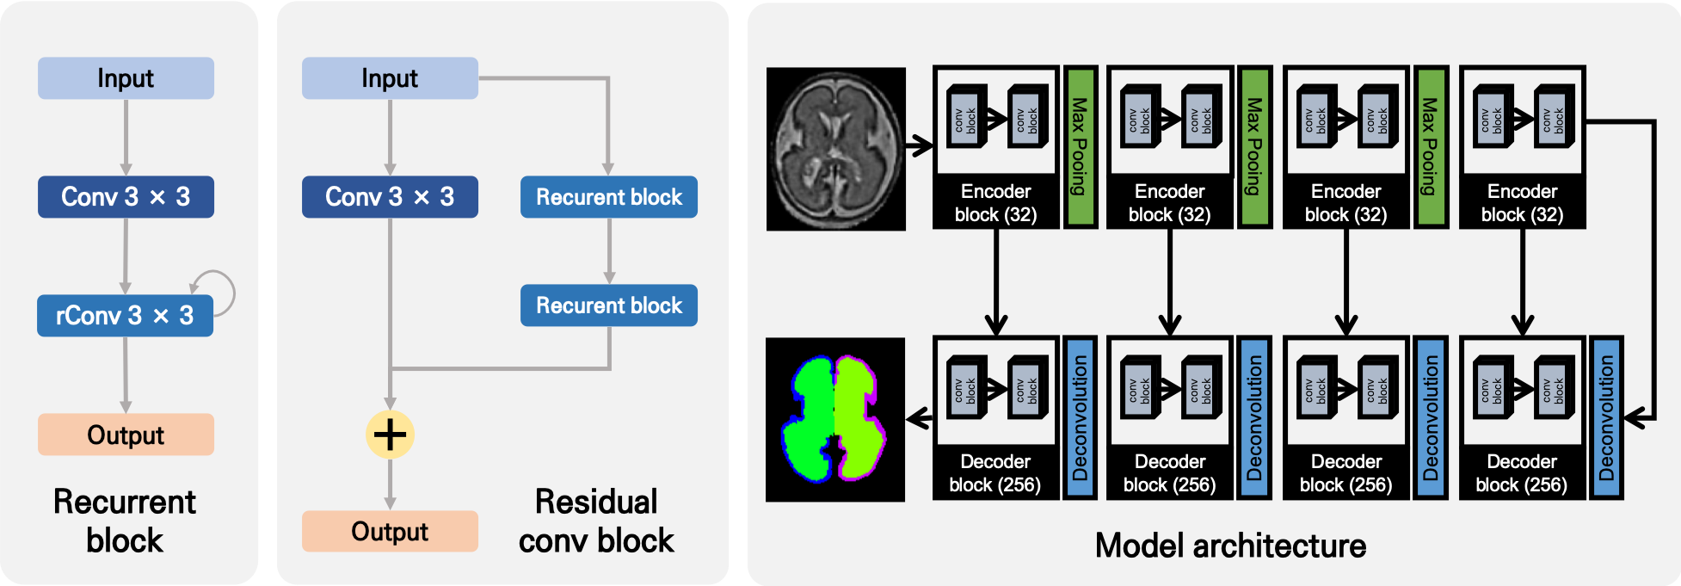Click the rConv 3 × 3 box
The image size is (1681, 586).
click(x=125, y=316)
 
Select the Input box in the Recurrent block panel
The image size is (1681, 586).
click(x=126, y=78)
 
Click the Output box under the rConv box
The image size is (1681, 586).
click(x=126, y=435)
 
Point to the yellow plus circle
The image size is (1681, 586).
click(x=390, y=435)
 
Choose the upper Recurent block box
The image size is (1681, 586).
click(x=608, y=197)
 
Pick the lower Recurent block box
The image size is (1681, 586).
click(x=608, y=305)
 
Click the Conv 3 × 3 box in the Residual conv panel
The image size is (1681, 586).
click(x=390, y=197)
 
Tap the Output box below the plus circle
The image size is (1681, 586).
click(x=390, y=532)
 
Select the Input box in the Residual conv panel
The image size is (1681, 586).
click(x=390, y=78)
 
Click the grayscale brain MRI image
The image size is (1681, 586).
click(x=835, y=149)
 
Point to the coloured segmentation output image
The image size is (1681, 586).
click(x=834, y=419)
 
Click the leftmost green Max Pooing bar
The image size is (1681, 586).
click(x=1080, y=146)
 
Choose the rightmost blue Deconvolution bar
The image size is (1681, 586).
click(x=1606, y=417)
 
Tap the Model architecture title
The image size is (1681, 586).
click(x=1230, y=546)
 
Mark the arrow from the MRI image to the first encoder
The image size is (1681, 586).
click(x=919, y=146)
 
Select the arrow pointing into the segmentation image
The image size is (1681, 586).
click(x=920, y=419)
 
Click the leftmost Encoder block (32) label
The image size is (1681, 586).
click(x=995, y=203)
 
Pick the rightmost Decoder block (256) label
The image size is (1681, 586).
click(x=1521, y=473)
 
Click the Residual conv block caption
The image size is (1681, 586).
click(x=596, y=521)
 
